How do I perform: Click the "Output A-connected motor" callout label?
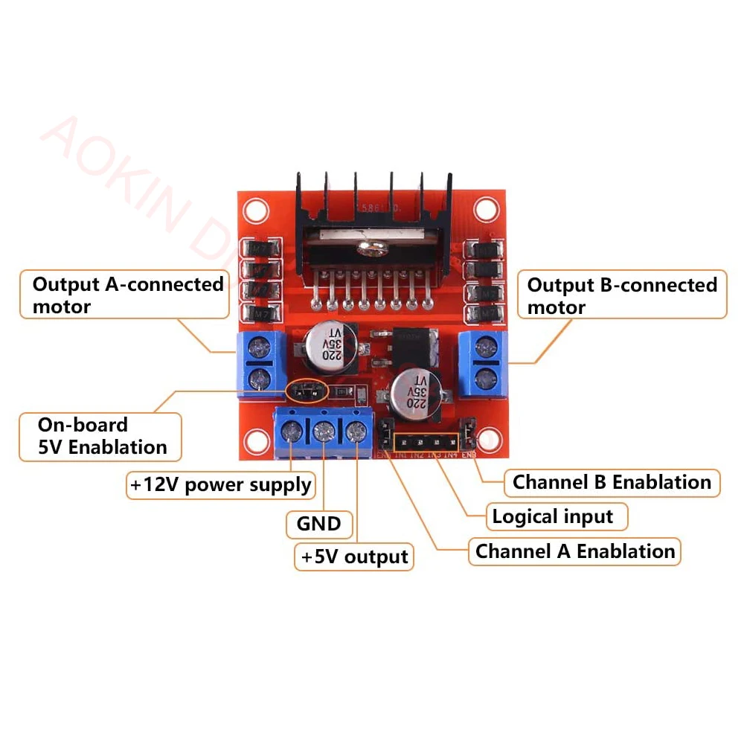[x=128, y=295]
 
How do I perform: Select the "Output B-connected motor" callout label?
[x=622, y=295]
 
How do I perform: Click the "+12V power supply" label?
[x=220, y=485]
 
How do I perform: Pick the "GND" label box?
[x=319, y=524]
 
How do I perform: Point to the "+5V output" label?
[x=354, y=557]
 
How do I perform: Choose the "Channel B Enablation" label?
[x=612, y=482]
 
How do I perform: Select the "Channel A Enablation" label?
[x=575, y=551]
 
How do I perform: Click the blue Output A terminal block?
[x=259, y=361]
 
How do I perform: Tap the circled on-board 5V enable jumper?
[x=307, y=389]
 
